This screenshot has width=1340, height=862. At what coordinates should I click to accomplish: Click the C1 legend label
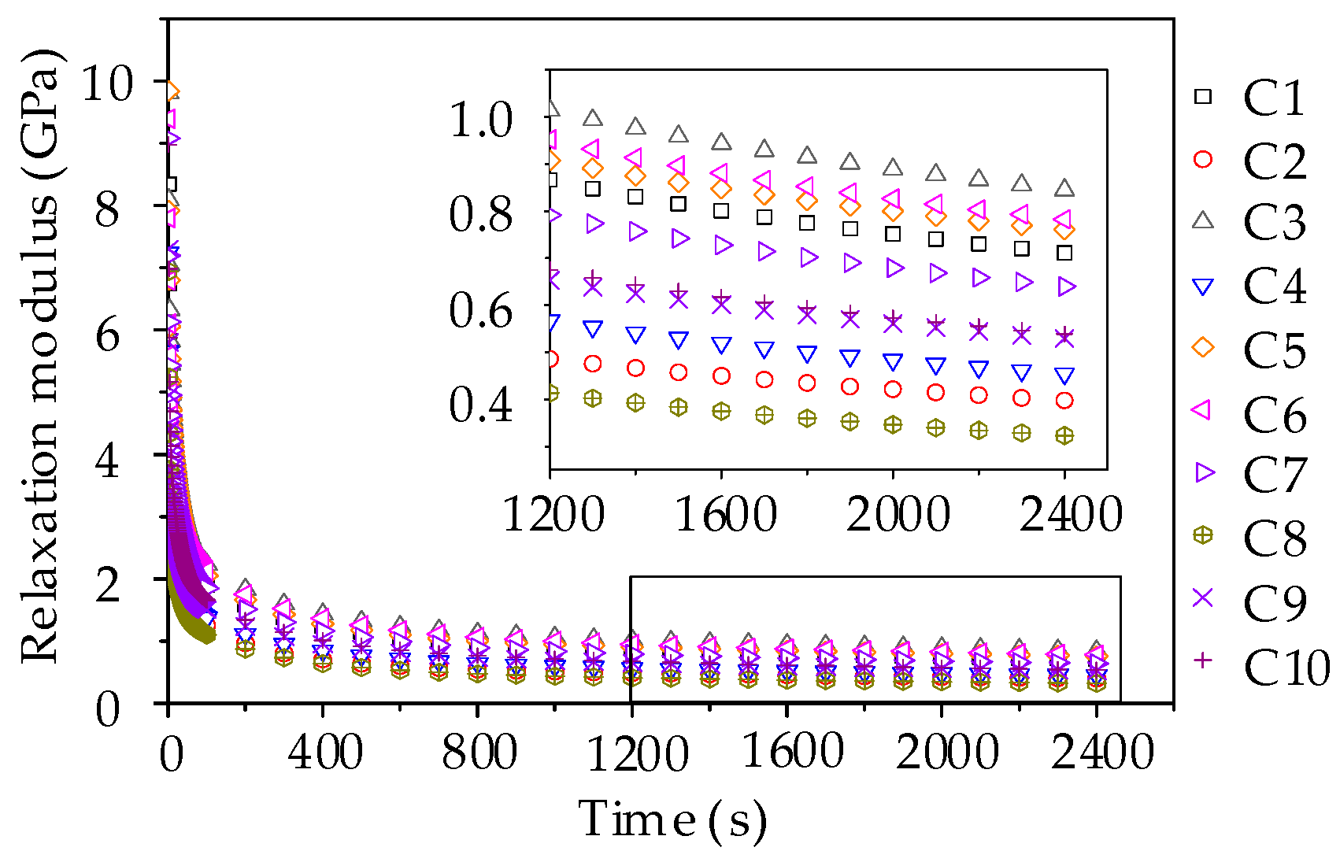pyautogui.click(x=1274, y=98)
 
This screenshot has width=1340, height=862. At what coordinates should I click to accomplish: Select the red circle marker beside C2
pyautogui.click(x=1203, y=160)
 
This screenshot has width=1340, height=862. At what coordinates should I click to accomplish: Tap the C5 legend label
pyautogui.click(x=1274, y=350)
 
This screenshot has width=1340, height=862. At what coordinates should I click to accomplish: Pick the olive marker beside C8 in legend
pyautogui.click(x=1203, y=535)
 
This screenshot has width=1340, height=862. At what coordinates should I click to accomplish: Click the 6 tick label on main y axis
pyautogui.click(x=107, y=334)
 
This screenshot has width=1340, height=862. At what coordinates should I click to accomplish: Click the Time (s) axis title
pyautogui.click(x=672, y=819)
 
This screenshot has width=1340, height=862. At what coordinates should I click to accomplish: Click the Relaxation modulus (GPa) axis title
pyautogui.click(x=39, y=358)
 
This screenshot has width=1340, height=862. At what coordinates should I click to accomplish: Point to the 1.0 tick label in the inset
pyautogui.click(x=481, y=120)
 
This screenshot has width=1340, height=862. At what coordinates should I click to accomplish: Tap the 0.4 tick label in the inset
pyautogui.click(x=481, y=405)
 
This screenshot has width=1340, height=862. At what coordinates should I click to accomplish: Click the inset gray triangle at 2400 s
pyautogui.click(x=1064, y=188)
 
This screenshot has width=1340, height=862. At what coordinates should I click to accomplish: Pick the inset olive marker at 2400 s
pyautogui.click(x=1064, y=435)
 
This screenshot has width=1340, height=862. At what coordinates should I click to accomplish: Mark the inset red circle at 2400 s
pyautogui.click(x=1064, y=401)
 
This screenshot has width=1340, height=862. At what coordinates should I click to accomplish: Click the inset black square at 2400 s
pyautogui.click(x=1064, y=253)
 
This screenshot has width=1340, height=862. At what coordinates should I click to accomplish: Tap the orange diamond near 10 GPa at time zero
pyautogui.click(x=172, y=92)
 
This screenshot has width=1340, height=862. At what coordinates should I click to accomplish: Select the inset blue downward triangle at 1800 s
pyautogui.click(x=807, y=354)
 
